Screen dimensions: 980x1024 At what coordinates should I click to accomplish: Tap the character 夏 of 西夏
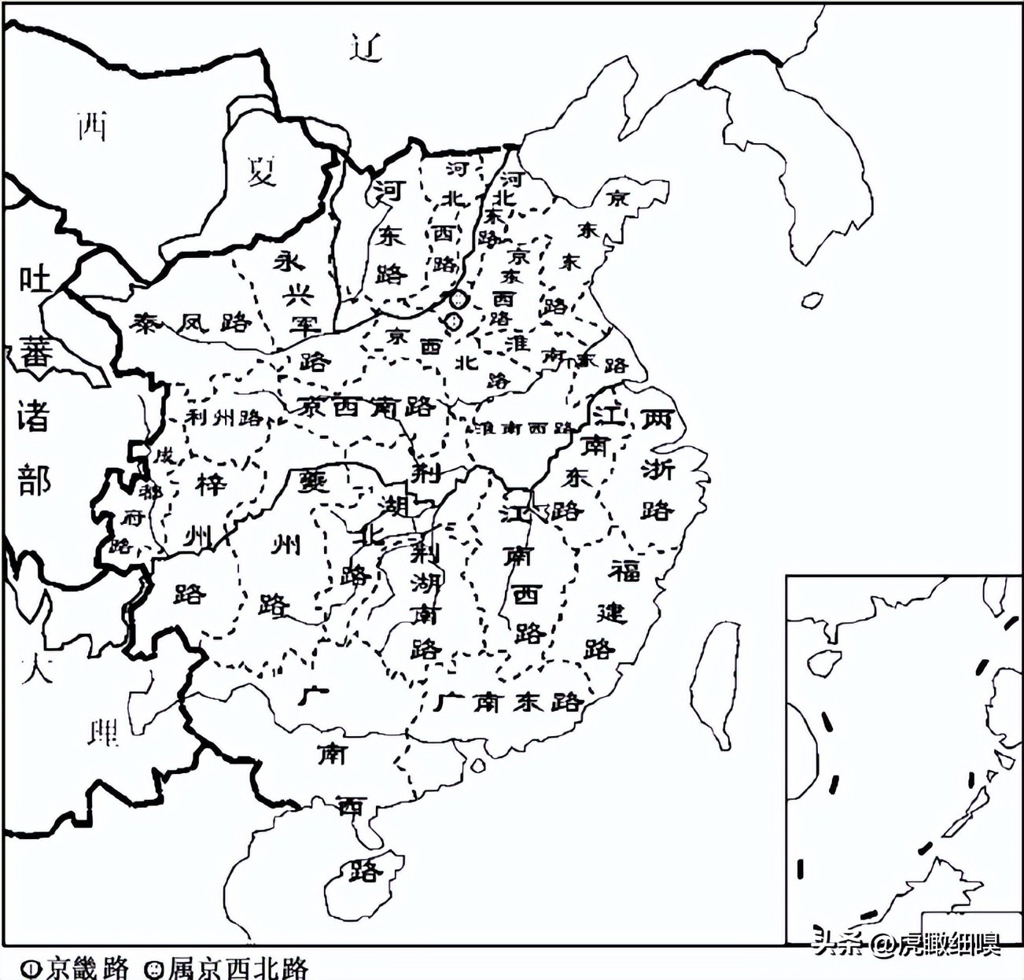(262, 169)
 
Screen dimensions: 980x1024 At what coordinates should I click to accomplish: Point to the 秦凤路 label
(191, 322)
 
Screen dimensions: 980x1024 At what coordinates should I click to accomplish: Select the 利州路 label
(224, 417)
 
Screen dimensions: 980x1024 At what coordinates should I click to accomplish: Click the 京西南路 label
(367, 407)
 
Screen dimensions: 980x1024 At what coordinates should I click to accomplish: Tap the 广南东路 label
(508, 701)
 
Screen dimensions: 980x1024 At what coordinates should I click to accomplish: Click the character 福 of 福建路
(625, 570)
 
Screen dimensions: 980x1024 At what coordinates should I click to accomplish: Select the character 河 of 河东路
(388, 190)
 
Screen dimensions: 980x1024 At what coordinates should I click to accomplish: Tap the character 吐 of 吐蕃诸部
(35, 280)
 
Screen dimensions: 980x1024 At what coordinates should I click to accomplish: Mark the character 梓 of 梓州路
(211, 485)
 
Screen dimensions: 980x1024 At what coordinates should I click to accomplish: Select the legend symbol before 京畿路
(31, 967)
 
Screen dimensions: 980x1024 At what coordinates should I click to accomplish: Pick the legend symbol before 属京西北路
(154, 967)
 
